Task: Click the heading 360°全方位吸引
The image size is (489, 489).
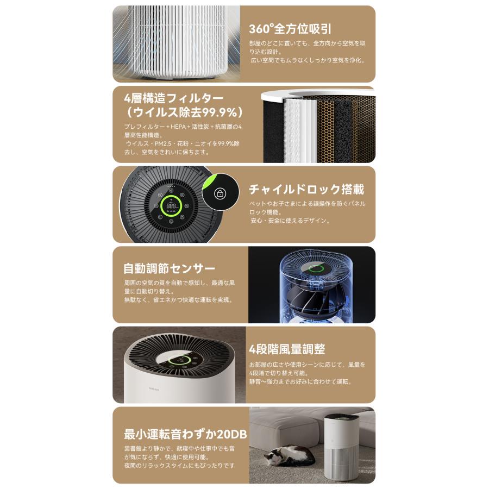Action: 290,29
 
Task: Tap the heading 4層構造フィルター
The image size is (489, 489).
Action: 166,98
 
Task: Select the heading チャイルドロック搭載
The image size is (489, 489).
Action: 306,190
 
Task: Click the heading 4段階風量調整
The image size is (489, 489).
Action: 287,349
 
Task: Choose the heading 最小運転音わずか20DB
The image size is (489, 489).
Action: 185,435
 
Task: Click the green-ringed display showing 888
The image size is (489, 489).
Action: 172,206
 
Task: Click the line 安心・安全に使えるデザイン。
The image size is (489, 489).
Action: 291,221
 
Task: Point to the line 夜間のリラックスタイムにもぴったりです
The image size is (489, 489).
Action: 179,465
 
